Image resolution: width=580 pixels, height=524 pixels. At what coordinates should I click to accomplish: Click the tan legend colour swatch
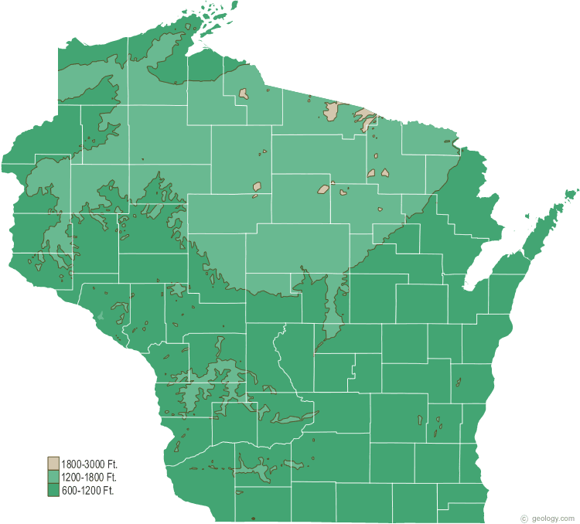coord(53,464)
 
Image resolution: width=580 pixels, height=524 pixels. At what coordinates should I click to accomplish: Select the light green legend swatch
coord(53,477)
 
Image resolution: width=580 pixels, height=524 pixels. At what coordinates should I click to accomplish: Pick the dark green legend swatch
coord(53,490)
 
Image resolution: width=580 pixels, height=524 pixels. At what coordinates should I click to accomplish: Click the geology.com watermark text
coord(553,518)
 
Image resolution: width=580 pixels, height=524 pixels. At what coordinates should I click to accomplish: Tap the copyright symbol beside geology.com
coord(524,518)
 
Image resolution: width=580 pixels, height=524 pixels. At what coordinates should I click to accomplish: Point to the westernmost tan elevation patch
coord(244,94)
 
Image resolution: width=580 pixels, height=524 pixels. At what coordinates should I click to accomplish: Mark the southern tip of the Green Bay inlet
coord(466,288)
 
